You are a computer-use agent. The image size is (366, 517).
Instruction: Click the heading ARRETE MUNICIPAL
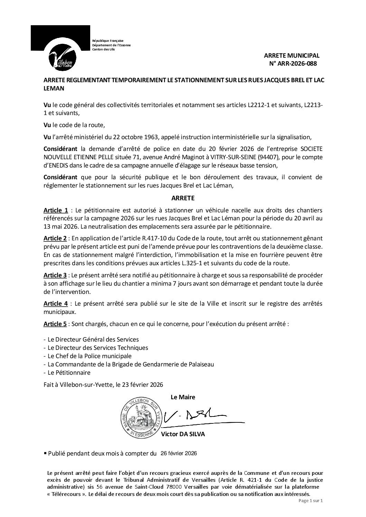tap(292, 55)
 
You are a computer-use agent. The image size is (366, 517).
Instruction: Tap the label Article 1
tap(56, 210)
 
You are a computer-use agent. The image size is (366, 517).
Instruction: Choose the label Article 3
tap(55, 275)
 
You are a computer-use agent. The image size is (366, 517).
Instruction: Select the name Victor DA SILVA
tap(183, 434)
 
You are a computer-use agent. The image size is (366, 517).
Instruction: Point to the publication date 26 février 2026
tap(179, 453)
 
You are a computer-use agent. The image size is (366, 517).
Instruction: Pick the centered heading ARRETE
tap(183, 198)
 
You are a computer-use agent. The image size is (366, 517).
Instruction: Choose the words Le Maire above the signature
tap(183, 397)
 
